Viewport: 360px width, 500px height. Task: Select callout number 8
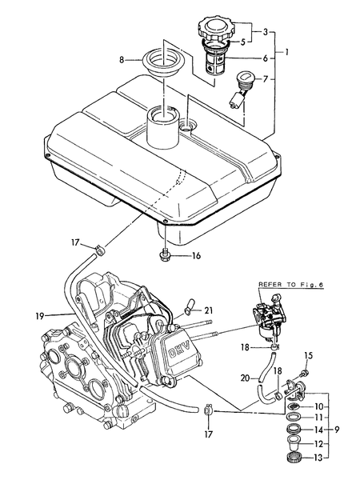(x=122, y=60)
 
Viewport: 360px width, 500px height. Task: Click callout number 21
(x=209, y=310)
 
